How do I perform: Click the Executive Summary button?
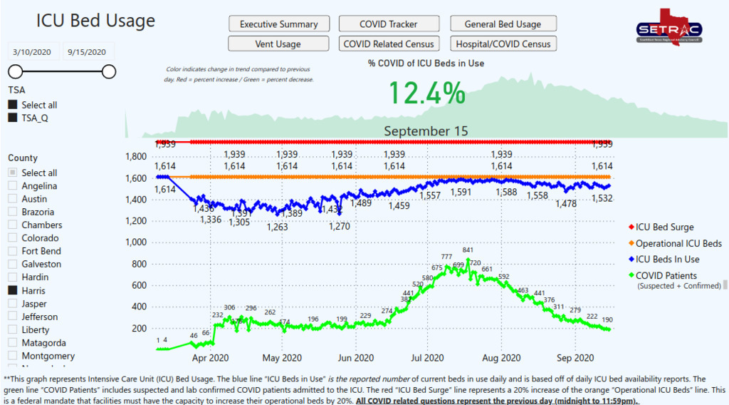point(278,24)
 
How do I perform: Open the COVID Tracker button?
point(389,24)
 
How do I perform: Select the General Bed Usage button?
point(503,24)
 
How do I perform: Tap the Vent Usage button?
point(278,44)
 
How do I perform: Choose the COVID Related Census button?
point(389,44)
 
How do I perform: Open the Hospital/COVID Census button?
point(503,44)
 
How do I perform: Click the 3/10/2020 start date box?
point(32,51)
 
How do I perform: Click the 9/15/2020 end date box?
point(87,51)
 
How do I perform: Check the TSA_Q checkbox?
point(13,118)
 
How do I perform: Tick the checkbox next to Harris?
point(13,291)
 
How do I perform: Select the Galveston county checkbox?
point(13,265)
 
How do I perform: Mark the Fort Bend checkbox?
point(13,252)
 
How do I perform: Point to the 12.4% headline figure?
point(426,93)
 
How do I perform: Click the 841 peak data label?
point(468,250)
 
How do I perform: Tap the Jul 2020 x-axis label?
point(427,358)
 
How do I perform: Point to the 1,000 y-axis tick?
point(135,242)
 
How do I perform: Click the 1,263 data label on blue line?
point(277,227)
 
